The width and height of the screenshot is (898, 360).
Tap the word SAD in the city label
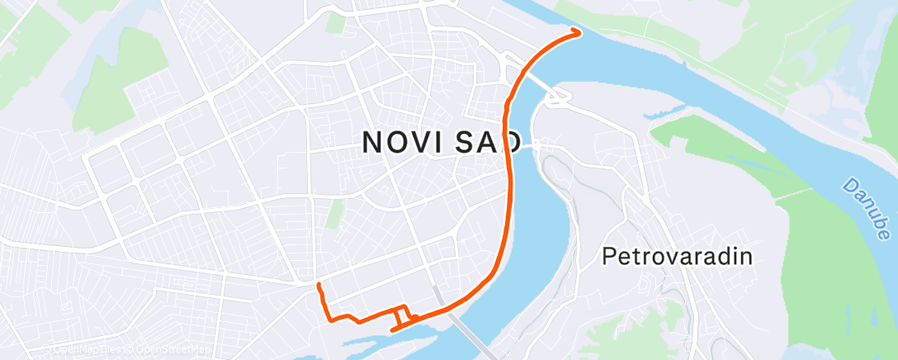coord(488,143)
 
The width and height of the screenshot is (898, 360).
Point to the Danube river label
coord(864,206)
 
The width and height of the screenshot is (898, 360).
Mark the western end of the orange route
coord(318,286)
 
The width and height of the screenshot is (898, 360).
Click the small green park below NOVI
coord(333,214)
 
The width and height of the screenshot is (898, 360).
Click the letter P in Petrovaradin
coord(608,256)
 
